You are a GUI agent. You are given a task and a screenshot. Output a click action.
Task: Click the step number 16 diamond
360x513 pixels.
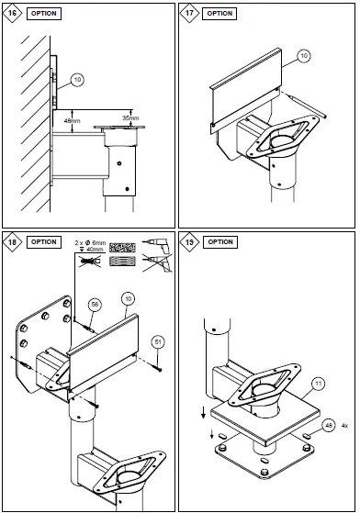click(12, 14)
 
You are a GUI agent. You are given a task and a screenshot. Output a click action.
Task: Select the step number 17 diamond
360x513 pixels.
click(189, 14)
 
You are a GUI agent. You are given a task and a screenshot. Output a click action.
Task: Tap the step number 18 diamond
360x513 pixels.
click(12, 242)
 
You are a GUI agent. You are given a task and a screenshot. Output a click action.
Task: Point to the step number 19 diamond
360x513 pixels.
click(189, 242)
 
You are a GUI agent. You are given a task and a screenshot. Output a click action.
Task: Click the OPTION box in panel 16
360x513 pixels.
click(44, 14)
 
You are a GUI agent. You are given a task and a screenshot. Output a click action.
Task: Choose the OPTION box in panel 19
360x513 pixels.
click(220, 242)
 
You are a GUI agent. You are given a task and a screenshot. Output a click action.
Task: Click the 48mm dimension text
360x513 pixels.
click(72, 121)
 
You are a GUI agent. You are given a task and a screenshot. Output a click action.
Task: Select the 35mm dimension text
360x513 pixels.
click(131, 117)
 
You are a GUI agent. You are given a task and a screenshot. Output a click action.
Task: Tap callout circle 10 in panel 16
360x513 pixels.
click(77, 80)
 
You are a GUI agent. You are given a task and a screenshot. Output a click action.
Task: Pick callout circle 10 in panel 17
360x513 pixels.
click(304, 56)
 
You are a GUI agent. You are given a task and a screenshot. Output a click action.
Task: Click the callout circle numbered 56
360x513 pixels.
click(95, 305)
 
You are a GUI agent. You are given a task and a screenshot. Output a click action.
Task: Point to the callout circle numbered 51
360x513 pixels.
click(158, 342)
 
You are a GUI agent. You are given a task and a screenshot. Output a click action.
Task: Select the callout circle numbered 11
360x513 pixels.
click(319, 383)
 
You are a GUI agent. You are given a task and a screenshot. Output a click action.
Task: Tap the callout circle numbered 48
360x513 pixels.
click(328, 426)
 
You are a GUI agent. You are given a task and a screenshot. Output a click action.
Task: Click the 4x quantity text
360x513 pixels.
click(344, 426)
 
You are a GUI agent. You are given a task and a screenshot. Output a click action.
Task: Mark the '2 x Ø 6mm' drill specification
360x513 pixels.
click(90, 243)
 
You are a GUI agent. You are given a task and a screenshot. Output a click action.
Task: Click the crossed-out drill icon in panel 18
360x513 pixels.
click(157, 263)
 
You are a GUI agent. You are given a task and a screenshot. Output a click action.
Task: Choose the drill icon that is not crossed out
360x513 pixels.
click(155, 245)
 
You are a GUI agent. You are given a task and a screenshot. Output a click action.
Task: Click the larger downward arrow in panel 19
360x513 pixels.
click(203, 413)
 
